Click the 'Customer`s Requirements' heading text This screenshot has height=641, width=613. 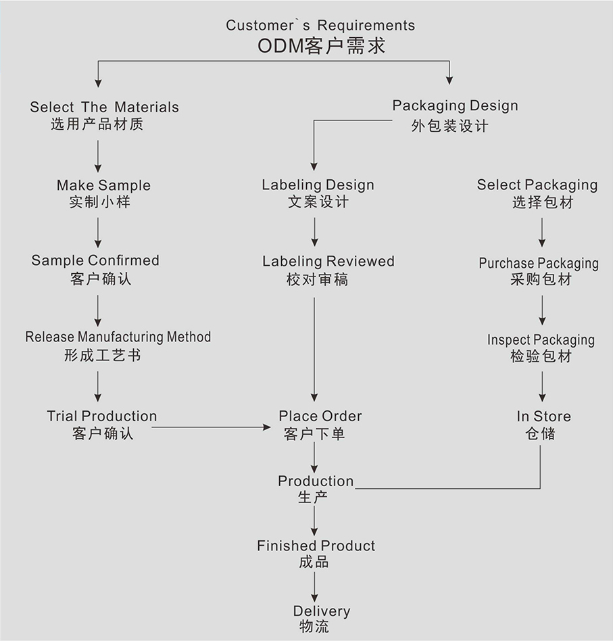click(320, 26)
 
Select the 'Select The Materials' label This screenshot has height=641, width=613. click(105, 107)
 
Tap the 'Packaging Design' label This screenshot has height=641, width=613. click(455, 105)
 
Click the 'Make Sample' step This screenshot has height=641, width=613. click(103, 185)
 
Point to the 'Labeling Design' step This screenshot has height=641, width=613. click(318, 185)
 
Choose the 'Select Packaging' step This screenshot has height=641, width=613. click(537, 185)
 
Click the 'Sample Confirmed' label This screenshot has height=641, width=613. click(95, 260)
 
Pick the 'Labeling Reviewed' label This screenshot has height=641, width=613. click(328, 261)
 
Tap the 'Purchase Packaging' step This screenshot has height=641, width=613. click(539, 263)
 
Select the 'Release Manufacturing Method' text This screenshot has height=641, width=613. click(118, 337)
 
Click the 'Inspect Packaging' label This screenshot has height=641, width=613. click(541, 339)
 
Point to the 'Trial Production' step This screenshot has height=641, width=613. click(102, 416)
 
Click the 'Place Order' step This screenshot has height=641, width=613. click(320, 416)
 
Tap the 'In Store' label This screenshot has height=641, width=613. click(543, 416)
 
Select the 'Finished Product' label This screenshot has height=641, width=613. click(316, 546)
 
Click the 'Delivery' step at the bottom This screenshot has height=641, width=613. click(322, 611)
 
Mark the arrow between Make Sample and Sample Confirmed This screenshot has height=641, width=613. click(98, 232)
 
